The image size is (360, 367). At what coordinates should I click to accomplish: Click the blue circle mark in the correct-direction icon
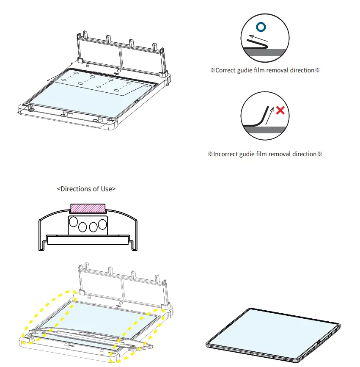click(262, 27)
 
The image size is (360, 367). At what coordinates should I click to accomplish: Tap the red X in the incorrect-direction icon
click(280, 111)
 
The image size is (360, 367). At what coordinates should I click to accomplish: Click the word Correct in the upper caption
click(227, 70)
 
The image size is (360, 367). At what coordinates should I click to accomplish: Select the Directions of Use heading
click(86, 189)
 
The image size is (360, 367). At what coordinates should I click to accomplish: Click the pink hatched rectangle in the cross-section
click(88, 208)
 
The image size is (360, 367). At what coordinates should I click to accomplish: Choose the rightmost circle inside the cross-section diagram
click(102, 225)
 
